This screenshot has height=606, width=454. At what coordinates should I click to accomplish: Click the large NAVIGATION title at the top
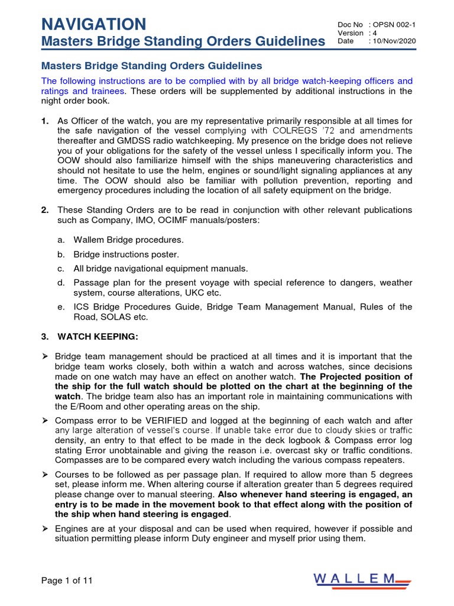tap(93, 24)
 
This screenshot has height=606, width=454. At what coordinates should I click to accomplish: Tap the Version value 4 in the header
tap(374, 33)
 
